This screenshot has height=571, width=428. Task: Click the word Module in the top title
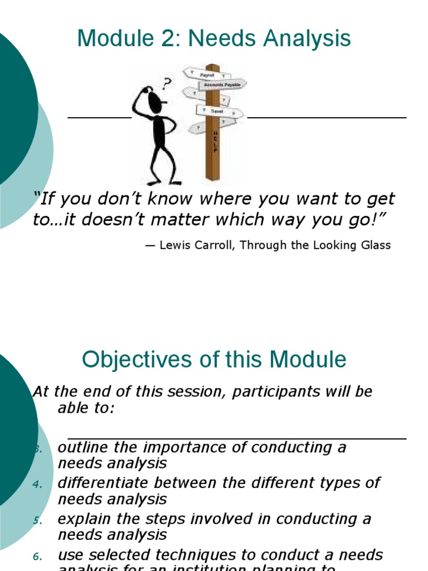pyautogui.click(x=108, y=38)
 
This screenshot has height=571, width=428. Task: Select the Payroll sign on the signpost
pyautogui.click(x=207, y=74)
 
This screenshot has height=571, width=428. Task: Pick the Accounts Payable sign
pyautogui.click(x=222, y=84)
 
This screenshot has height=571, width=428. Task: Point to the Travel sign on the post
pyautogui.click(x=217, y=112)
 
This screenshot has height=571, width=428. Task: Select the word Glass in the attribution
pyautogui.click(x=376, y=245)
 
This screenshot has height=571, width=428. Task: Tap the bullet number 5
pyautogui.click(x=37, y=520)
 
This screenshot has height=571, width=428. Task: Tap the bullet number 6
pyautogui.click(x=37, y=556)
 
